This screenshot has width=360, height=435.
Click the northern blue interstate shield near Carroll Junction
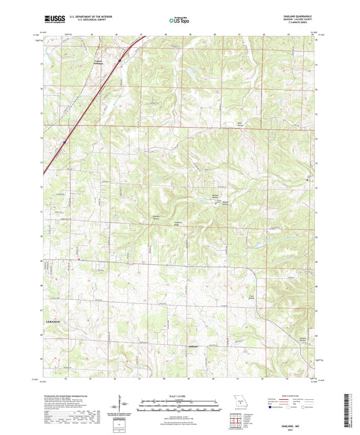120,61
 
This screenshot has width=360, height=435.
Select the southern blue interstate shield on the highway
65,143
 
